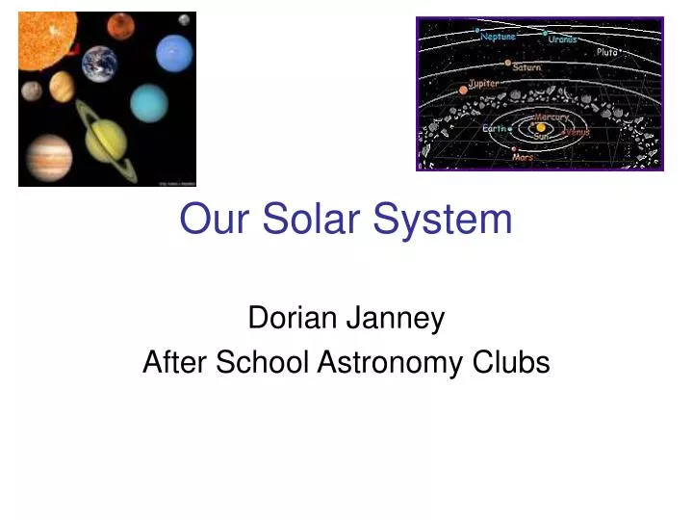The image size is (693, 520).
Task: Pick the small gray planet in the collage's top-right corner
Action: (183, 21)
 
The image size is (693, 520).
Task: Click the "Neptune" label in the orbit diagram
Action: (498, 37)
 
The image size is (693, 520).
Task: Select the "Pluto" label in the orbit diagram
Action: (607, 52)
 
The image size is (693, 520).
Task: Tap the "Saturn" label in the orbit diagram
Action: (526, 68)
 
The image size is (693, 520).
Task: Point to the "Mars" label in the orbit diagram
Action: (524, 157)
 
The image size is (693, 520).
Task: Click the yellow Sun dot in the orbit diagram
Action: (541, 127)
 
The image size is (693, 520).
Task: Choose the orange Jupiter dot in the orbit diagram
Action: (463, 90)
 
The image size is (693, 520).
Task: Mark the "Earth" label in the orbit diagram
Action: (494, 128)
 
